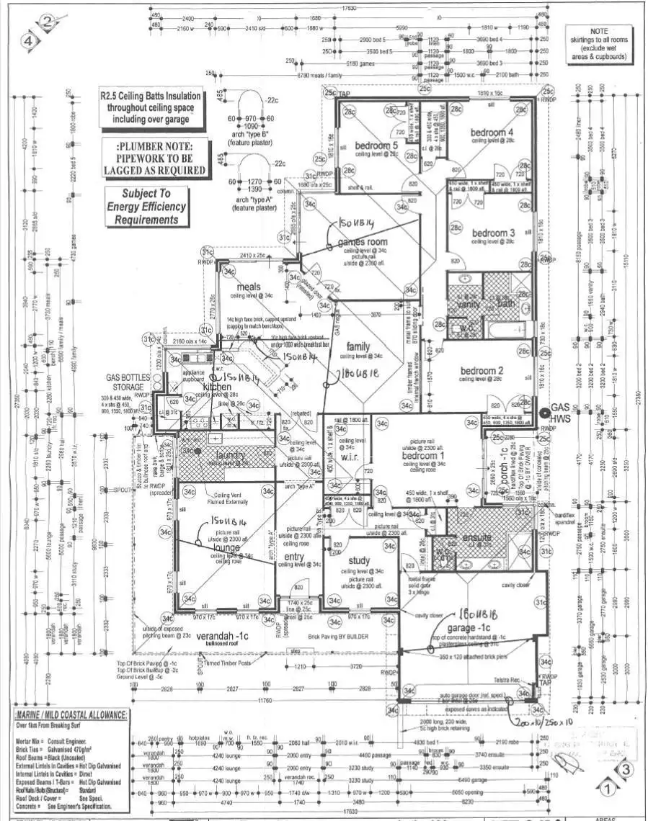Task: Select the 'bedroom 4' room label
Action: [x=492, y=133]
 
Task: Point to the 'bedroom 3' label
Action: [x=493, y=233]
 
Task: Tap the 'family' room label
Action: [x=358, y=346]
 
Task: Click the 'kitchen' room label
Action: [x=217, y=387]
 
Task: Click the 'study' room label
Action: [x=358, y=561]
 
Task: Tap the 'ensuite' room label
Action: [x=477, y=537]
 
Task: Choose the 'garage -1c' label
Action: [x=471, y=628]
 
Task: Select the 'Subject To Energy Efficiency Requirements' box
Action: [x=147, y=207]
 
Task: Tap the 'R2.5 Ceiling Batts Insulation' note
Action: [x=151, y=108]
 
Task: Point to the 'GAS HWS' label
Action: [x=559, y=413]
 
